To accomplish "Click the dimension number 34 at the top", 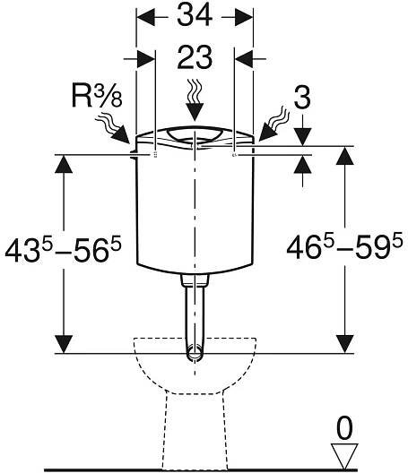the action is [195, 16].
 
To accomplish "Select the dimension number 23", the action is [195, 57].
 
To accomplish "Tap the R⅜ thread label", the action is [97, 95].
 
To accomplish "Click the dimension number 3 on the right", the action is [302, 98].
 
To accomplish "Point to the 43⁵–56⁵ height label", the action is [63, 249].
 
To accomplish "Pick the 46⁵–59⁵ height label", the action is [344, 246].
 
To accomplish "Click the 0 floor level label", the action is [344, 428].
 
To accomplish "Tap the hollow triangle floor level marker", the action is [344, 455].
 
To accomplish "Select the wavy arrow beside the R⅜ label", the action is [112, 128].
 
